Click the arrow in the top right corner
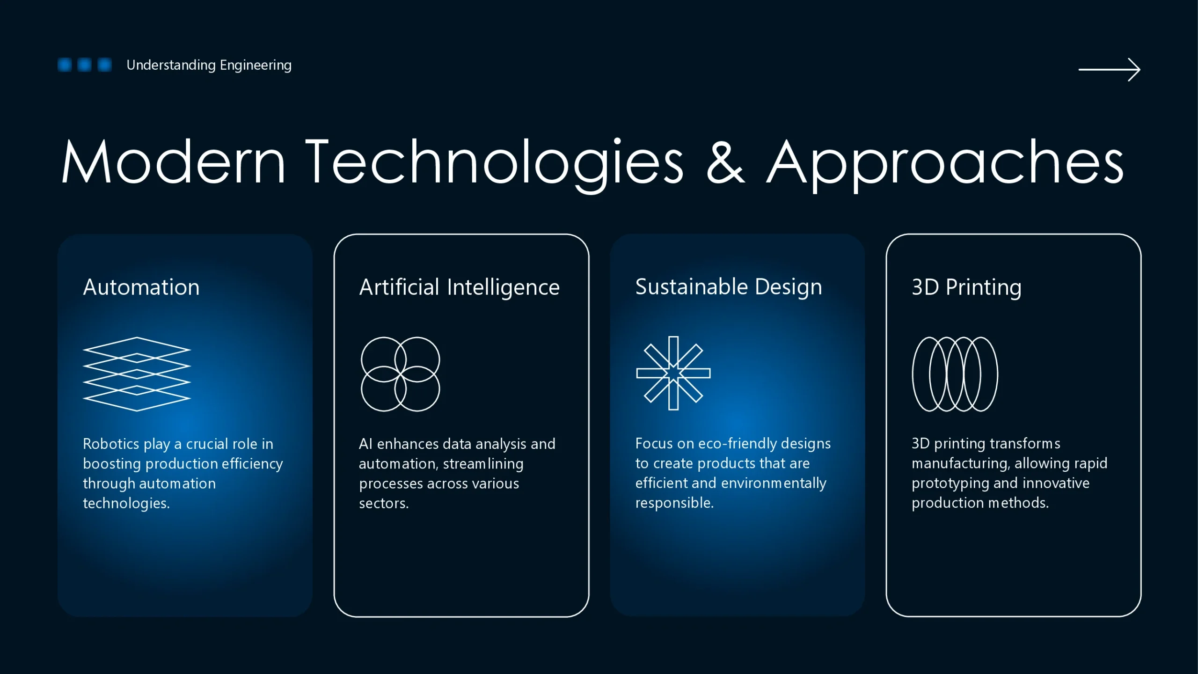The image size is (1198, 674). pyautogui.click(x=1109, y=70)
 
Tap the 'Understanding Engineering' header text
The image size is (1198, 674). pyautogui.click(x=209, y=65)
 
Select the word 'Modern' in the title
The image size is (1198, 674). pyautogui.click(x=173, y=161)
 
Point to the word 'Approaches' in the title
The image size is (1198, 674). pyautogui.click(x=945, y=165)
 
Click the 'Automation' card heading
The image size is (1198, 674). pyautogui.click(x=141, y=287)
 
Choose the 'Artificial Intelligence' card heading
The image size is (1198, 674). pyautogui.click(x=459, y=287)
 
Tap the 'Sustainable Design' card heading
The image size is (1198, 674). pyautogui.click(x=729, y=287)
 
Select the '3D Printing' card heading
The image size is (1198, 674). pyautogui.click(x=966, y=287)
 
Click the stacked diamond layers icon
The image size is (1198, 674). pyautogui.click(x=137, y=374)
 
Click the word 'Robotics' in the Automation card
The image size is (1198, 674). pyautogui.click(x=111, y=444)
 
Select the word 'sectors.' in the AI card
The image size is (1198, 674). pyautogui.click(x=384, y=504)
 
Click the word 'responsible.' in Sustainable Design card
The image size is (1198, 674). pyautogui.click(x=674, y=503)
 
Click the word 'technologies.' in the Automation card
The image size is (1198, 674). pyautogui.click(x=126, y=504)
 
